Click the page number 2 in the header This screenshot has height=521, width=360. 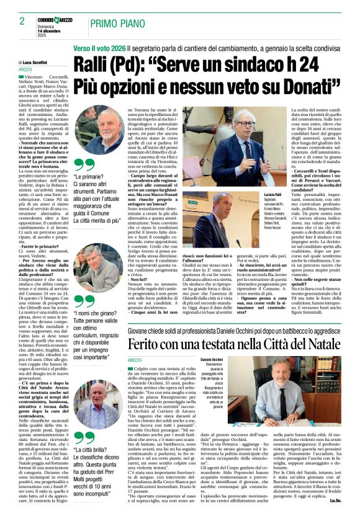pos(22,20)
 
